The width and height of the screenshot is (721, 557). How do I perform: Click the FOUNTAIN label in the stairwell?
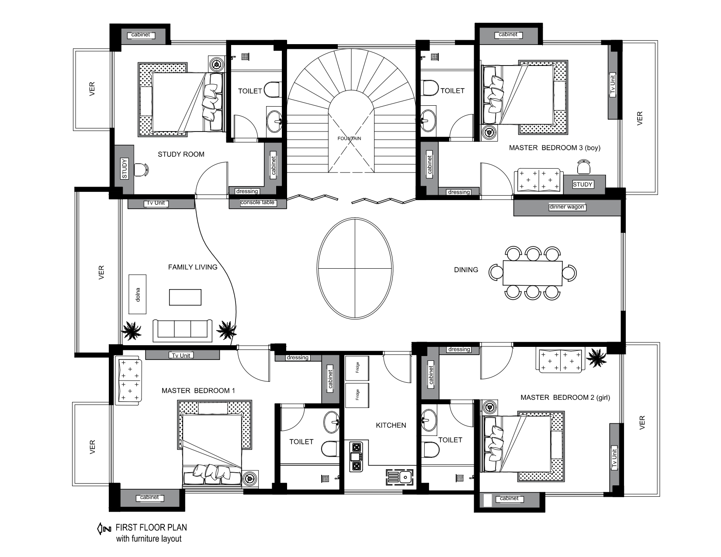pyautogui.click(x=349, y=138)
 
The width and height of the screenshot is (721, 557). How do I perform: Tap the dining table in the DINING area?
pyautogui.click(x=533, y=273)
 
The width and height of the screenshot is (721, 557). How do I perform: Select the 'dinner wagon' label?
pyautogui.click(x=567, y=207)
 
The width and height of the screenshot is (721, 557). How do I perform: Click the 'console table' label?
pyautogui.click(x=257, y=202)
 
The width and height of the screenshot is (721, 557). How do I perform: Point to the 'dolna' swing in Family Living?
pyautogui.click(x=137, y=294)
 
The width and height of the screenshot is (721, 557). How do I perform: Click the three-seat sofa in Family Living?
pyautogui.click(x=183, y=330)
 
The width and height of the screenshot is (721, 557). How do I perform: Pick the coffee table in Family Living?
pyautogui.click(x=185, y=297)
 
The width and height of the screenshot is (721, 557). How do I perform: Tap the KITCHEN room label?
pyautogui.click(x=391, y=426)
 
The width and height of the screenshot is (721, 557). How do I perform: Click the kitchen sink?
pyautogui.click(x=400, y=477)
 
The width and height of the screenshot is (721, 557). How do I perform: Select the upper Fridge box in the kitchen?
pyautogui.click(x=357, y=368)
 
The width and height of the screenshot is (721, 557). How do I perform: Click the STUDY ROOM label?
pyautogui.click(x=181, y=154)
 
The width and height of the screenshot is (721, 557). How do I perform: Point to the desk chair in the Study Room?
pyautogui.click(x=141, y=170)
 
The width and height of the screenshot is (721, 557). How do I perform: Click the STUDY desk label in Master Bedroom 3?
pyautogui.click(x=582, y=184)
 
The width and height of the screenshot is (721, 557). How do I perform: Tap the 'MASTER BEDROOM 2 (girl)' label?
pyautogui.click(x=565, y=398)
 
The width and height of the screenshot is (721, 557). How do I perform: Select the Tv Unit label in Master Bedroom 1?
pyautogui.click(x=181, y=355)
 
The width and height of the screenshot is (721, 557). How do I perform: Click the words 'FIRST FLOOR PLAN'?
pyautogui.click(x=151, y=527)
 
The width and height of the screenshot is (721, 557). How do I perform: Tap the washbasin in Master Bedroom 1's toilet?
pyautogui.click(x=332, y=422)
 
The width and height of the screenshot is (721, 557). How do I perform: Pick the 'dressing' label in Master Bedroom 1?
pyautogui.click(x=298, y=357)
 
